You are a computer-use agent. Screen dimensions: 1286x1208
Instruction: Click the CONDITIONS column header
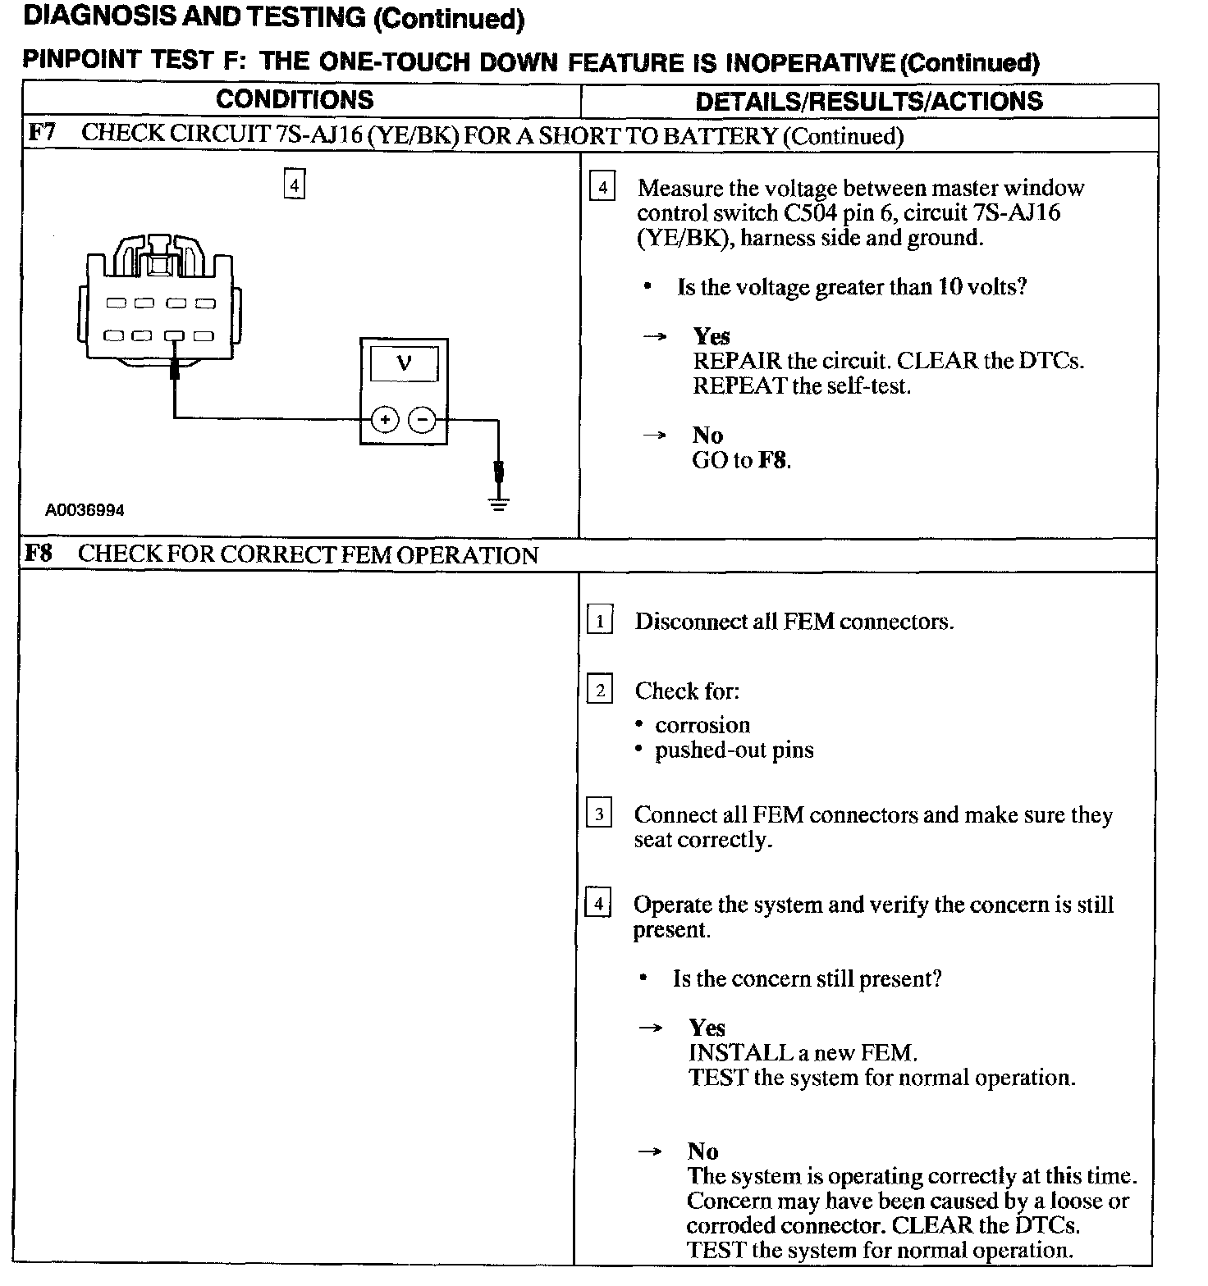(x=295, y=100)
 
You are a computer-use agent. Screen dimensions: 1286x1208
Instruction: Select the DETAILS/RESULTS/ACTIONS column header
(x=868, y=101)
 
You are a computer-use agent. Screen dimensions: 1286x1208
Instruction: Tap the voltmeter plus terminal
(x=385, y=420)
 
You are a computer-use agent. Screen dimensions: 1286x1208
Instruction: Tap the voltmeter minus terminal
(x=422, y=420)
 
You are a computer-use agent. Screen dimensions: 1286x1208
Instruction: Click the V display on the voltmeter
(x=404, y=363)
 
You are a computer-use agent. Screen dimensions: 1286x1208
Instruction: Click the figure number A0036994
(x=85, y=510)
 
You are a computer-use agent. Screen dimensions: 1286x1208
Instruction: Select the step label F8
(x=38, y=553)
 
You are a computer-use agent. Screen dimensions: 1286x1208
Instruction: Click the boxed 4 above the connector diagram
(x=294, y=184)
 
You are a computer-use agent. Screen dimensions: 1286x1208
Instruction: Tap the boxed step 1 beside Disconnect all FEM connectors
(x=600, y=621)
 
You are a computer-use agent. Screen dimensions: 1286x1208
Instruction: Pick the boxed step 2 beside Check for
(x=600, y=691)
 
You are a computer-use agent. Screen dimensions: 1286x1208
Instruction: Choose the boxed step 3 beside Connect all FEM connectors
(x=599, y=814)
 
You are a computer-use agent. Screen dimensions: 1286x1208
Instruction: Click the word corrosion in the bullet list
(x=702, y=725)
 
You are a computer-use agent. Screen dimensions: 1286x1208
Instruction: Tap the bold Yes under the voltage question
(x=712, y=336)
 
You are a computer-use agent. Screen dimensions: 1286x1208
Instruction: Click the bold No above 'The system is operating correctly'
(x=703, y=1151)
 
